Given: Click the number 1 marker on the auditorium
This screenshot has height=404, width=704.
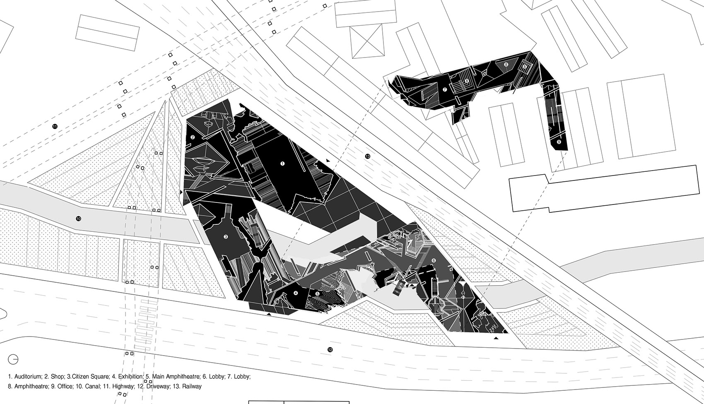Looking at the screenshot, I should [282, 164].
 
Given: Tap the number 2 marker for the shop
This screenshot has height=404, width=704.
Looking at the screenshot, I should [193, 137].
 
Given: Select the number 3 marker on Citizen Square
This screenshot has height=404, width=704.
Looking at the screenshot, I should [226, 237].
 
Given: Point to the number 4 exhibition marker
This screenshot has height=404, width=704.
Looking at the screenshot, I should [296, 293].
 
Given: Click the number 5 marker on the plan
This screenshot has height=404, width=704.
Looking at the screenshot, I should [317, 294].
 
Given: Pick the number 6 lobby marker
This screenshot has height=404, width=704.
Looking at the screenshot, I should [434, 260].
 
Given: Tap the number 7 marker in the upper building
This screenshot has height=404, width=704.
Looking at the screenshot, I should [445, 89].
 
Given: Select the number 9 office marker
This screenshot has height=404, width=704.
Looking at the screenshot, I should [559, 142].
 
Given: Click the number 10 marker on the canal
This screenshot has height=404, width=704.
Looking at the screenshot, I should [78, 219].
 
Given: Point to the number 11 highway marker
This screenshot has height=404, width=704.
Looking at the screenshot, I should [55, 126].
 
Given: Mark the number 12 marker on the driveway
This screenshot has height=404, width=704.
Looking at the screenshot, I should [330, 349].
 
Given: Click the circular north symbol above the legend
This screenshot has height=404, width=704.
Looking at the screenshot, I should [13, 359].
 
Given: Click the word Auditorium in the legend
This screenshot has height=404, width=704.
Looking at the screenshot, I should [28, 377].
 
